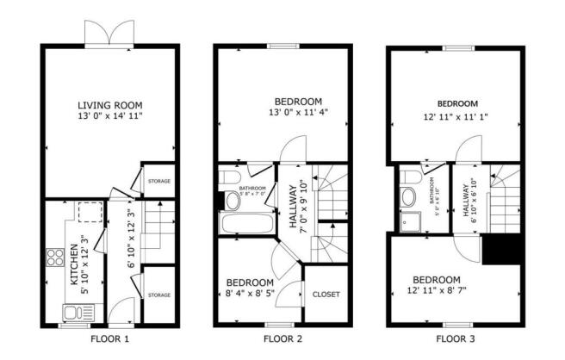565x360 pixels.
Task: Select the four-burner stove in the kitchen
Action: point(54,258)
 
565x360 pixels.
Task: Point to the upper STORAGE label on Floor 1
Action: point(158,182)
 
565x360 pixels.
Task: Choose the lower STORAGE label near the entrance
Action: point(158,295)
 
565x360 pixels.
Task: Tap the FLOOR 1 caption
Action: point(109,338)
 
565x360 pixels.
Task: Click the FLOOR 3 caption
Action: point(455,338)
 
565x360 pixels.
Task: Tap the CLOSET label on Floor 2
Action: point(326,295)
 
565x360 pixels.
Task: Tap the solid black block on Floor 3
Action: point(501,250)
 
